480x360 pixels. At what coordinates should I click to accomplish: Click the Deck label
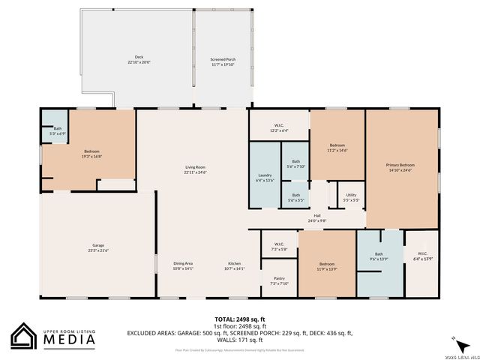click(139, 57)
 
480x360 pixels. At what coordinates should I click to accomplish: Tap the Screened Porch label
click(223, 58)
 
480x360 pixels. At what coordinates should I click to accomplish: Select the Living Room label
click(196, 166)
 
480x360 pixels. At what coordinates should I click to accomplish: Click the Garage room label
click(98, 245)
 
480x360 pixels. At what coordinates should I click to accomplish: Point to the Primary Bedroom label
click(400, 164)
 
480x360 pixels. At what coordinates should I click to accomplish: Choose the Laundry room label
click(264, 175)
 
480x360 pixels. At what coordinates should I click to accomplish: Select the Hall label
click(318, 216)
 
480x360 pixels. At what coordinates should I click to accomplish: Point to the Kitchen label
click(235, 263)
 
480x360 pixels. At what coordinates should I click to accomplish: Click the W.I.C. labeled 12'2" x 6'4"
click(279, 130)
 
